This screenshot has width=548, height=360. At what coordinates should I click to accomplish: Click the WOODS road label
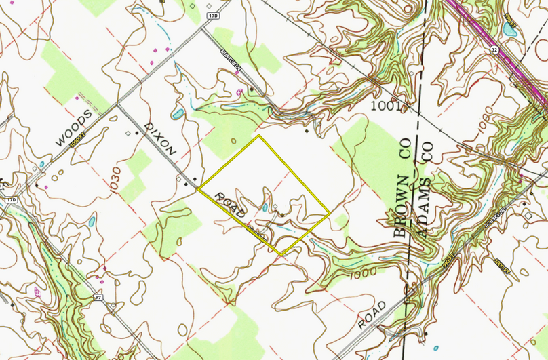[73, 129]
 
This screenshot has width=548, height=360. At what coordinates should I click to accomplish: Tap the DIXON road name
[161, 140]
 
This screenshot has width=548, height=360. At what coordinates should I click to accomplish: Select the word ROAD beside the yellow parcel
[230, 205]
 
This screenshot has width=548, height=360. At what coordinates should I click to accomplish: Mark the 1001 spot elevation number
[387, 106]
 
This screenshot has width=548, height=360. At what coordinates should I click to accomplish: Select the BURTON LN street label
[229, 60]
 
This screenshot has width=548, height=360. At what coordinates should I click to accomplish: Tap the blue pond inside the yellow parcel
[265, 207]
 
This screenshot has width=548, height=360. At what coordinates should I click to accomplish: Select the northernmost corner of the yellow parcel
[258, 136]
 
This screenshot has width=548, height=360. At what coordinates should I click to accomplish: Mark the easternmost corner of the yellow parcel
[330, 214]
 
